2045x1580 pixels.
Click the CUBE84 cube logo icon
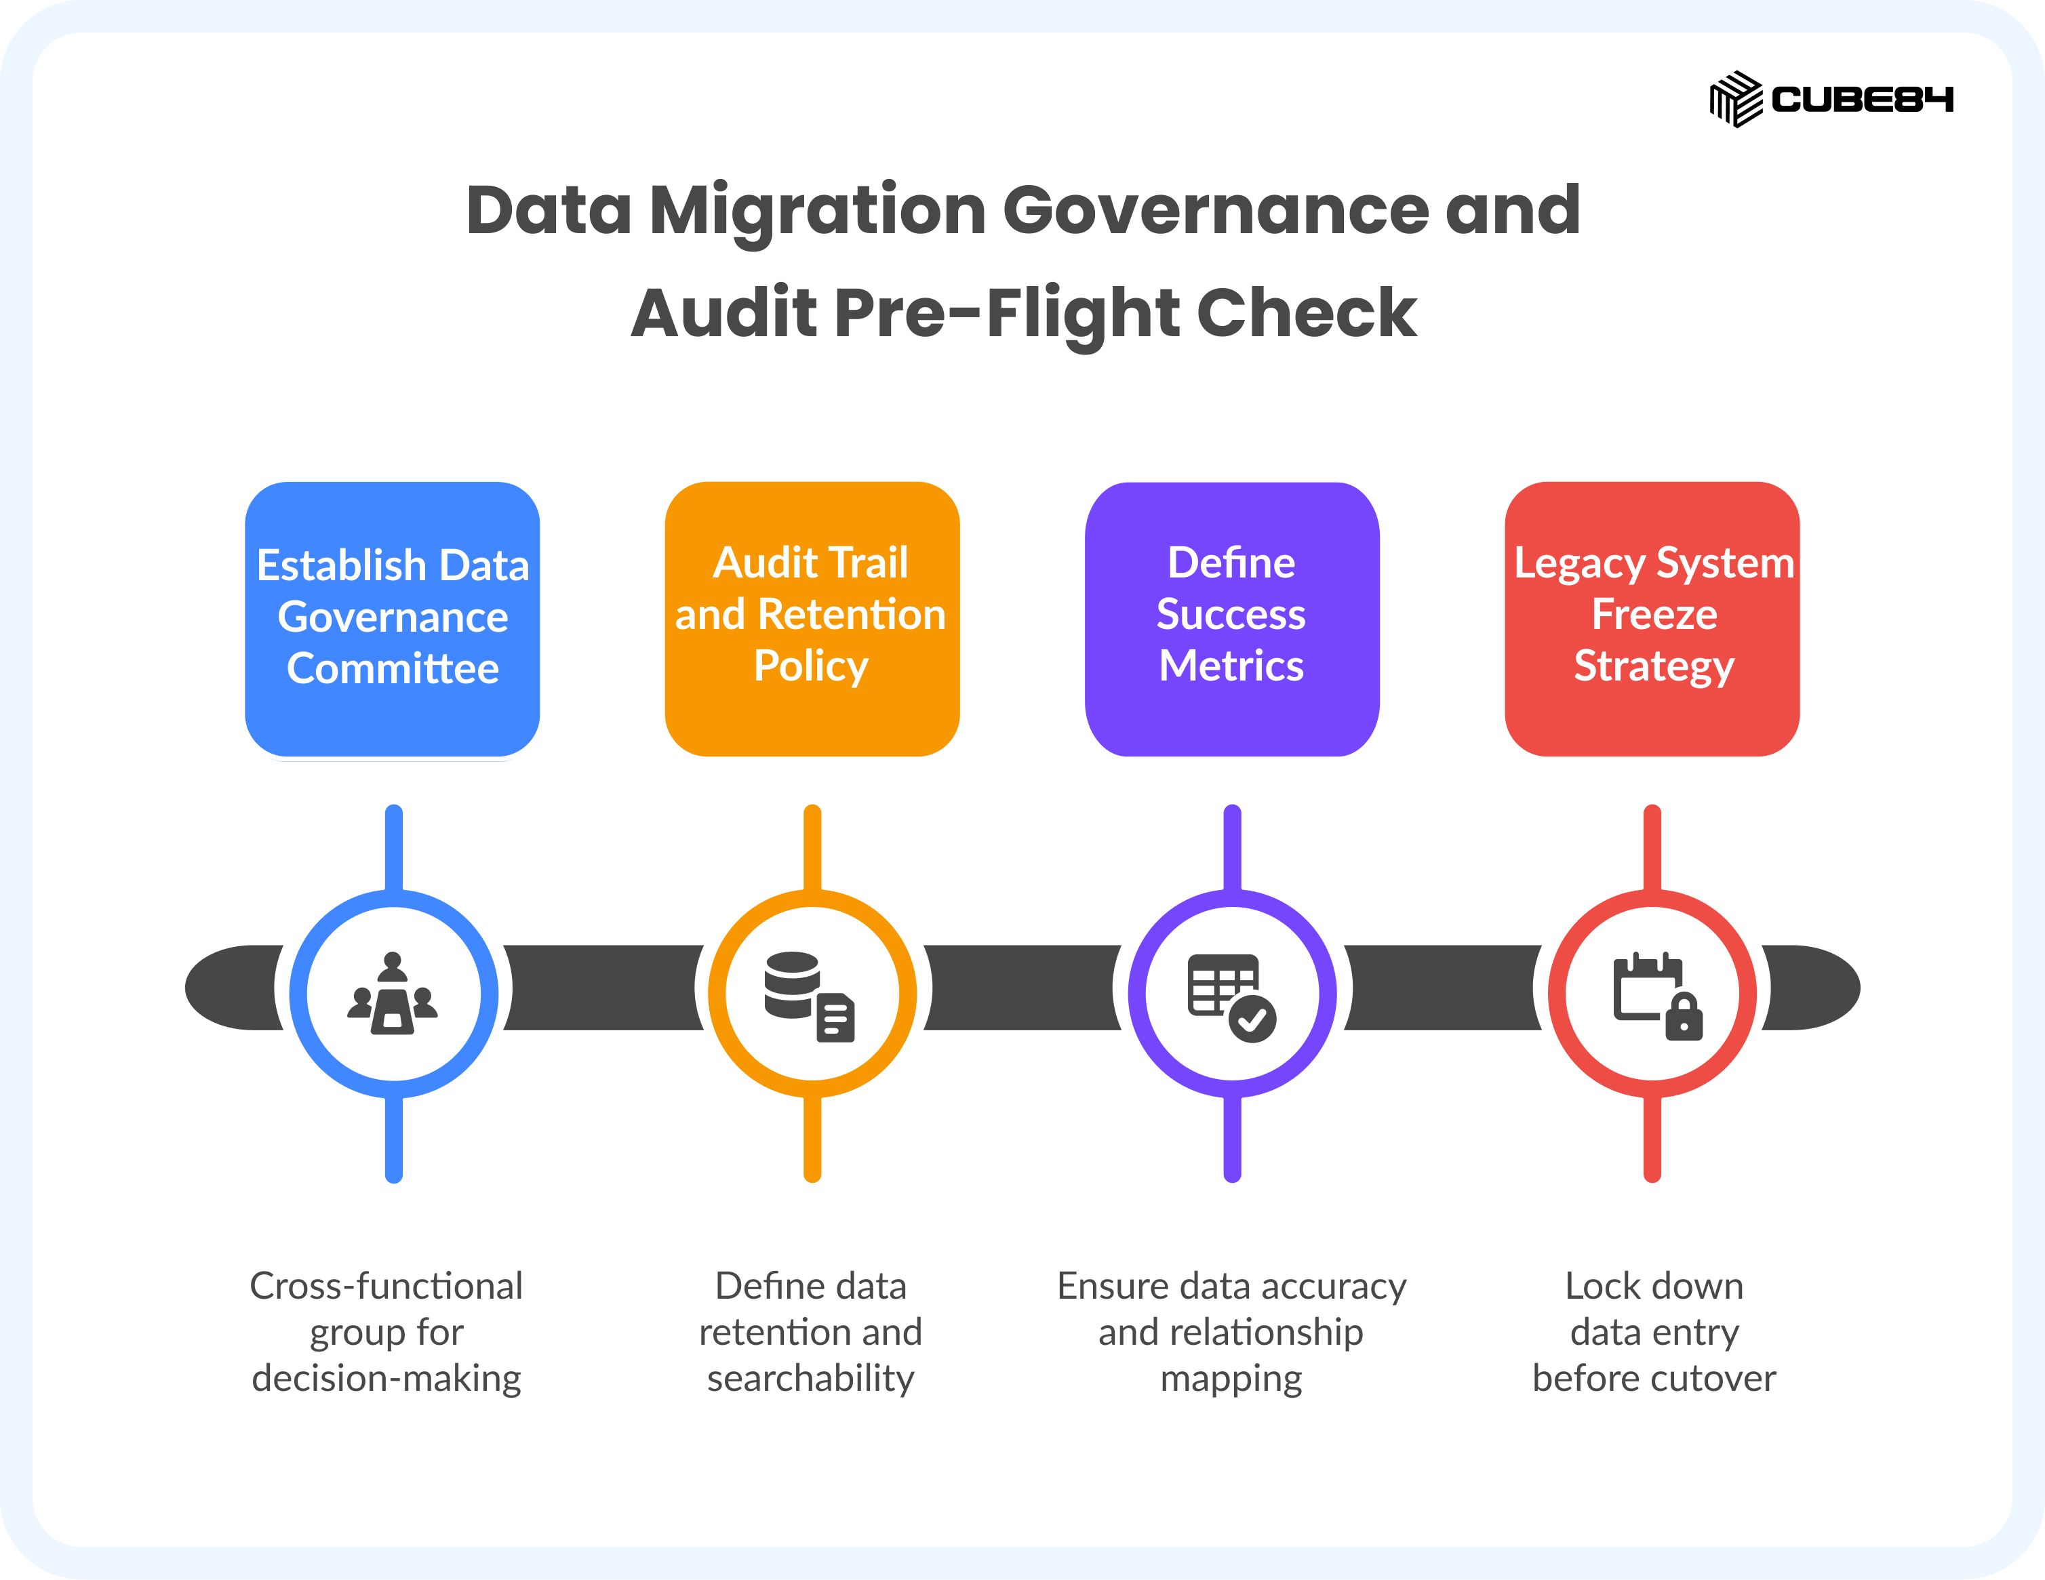[1736, 99]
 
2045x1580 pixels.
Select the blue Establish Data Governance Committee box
[393, 619]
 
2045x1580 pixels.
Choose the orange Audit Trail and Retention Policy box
[812, 619]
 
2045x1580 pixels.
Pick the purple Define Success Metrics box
[1232, 619]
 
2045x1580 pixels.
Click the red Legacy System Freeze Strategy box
[1652, 619]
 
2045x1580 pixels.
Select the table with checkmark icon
[1231, 998]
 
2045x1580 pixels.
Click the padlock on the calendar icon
[1684, 1017]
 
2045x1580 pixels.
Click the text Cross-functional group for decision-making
[386, 1332]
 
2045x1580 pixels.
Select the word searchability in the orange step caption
[811, 1379]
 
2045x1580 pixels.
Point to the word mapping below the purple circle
[1231, 1379]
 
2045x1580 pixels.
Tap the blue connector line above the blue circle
[394, 848]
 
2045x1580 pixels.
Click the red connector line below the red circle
[1652, 1139]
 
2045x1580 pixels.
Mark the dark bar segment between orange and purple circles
[1022, 988]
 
